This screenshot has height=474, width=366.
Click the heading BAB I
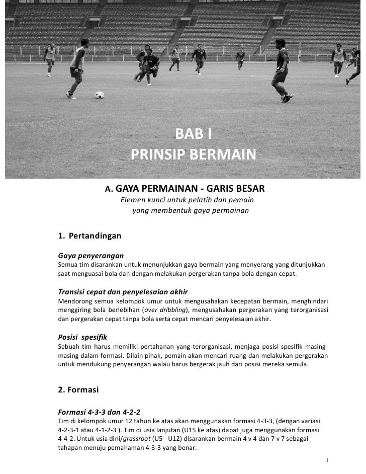tap(194, 134)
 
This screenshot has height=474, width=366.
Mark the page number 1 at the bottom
tap(327, 460)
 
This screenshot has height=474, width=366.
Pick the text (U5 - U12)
tap(168, 439)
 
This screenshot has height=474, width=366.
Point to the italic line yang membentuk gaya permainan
tap(190, 211)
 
